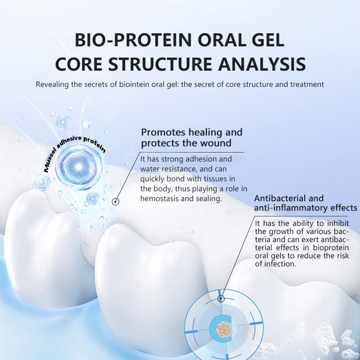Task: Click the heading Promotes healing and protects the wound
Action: click(192, 138)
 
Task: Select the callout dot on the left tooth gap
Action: click(116, 202)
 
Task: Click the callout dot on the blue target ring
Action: click(220, 299)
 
